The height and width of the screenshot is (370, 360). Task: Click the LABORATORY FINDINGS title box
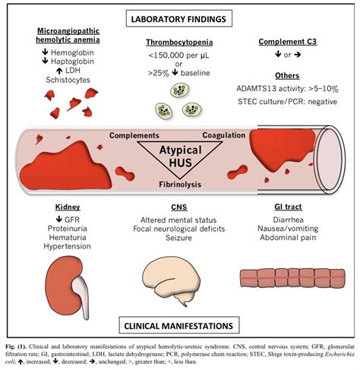click(x=179, y=19)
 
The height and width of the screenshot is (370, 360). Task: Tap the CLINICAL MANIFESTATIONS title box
click(x=179, y=325)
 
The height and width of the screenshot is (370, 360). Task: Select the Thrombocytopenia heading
click(x=179, y=42)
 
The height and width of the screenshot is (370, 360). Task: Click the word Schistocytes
click(x=68, y=80)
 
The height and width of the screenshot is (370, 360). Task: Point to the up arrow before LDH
click(x=59, y=71)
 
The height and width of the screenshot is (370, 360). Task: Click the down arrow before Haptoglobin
click(x=45, y=61)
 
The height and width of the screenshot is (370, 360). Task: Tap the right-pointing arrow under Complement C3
click(x=298, y=55)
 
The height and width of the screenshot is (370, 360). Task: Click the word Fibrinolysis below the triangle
click(x=180, y=185)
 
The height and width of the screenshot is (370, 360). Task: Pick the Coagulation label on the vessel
click(x=224, y=135)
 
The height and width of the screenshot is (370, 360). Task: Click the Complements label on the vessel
click(x=134, y=135)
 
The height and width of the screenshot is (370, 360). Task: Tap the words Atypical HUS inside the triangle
click(x=180, y=157)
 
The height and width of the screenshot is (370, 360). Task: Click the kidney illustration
click(x=68, y=287)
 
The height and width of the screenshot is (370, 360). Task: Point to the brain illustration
click(x=172, y=281)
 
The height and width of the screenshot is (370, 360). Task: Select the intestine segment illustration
click(x=292, y=278)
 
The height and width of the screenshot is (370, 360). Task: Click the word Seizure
click(x=178, y=238)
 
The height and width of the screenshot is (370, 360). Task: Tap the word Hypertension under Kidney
click(x=67, y=246)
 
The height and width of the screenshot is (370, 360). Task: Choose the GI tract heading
click(x=288, y=207)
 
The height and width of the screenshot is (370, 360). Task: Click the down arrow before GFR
click(x=59, y=219)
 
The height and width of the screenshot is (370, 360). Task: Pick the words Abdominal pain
click(x=288, y=238)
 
